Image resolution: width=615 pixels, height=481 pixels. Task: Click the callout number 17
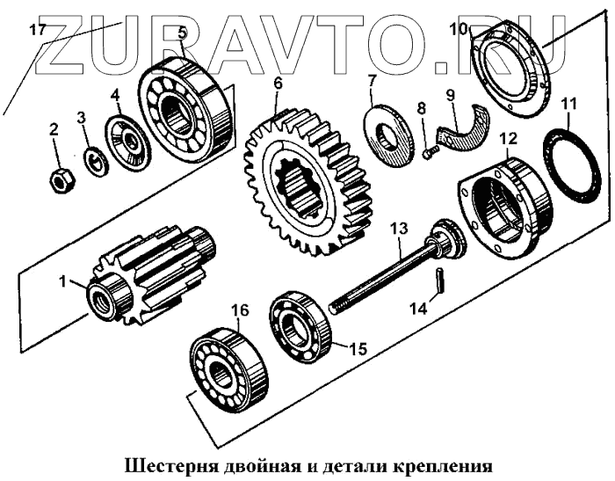pos(36,29)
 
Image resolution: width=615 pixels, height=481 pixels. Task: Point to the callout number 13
pos(400,229)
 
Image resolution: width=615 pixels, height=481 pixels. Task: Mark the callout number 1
pos(62,282)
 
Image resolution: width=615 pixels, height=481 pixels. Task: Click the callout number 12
pos(508,138)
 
